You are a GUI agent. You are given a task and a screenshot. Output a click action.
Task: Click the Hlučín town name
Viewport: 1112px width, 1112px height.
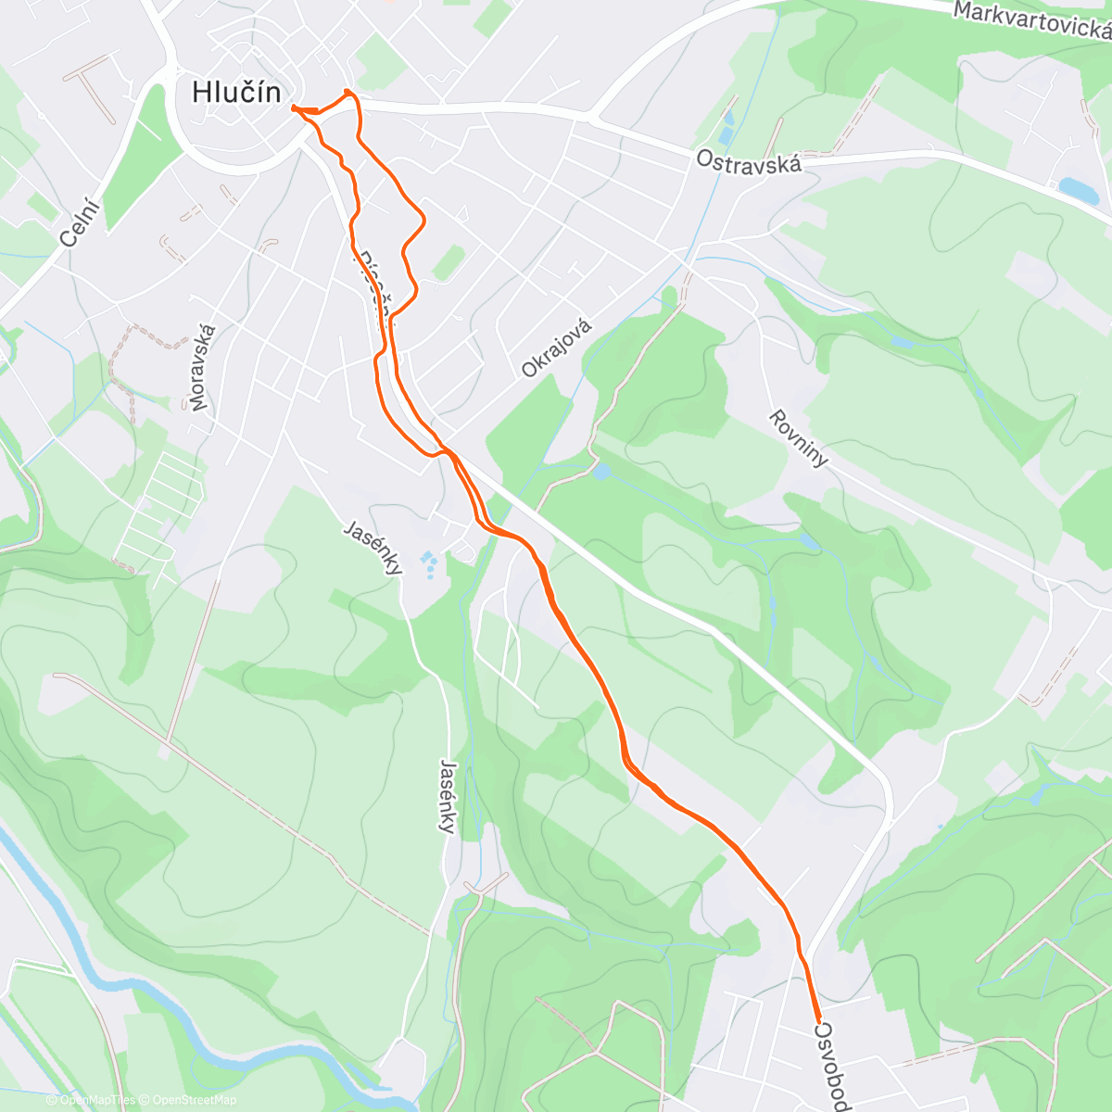tap(236, 92)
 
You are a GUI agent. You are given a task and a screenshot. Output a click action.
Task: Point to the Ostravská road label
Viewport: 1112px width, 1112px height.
tap(748, 162)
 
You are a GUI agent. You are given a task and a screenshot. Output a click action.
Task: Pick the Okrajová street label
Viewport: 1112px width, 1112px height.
tap(556, 347)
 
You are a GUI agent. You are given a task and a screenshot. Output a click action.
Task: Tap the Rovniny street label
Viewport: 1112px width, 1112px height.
tap(798, 438)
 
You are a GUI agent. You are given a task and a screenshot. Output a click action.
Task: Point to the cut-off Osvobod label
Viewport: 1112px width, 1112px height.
tap(831, 1066)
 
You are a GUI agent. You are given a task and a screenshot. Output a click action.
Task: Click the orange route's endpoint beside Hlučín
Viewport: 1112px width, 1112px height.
tap(294, 108)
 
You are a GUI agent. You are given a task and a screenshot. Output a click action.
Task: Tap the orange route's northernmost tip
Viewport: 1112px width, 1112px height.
tap(347, 90)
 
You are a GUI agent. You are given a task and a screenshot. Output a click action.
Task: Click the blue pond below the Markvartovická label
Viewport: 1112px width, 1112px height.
tap(1078, 191)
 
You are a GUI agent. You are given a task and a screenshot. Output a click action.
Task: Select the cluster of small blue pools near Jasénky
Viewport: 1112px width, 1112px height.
tap(429, 562)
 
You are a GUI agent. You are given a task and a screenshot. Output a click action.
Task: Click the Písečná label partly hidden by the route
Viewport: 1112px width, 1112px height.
tap(375, 287)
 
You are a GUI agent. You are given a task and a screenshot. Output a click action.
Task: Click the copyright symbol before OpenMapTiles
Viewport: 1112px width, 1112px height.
tap(52, 1100)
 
